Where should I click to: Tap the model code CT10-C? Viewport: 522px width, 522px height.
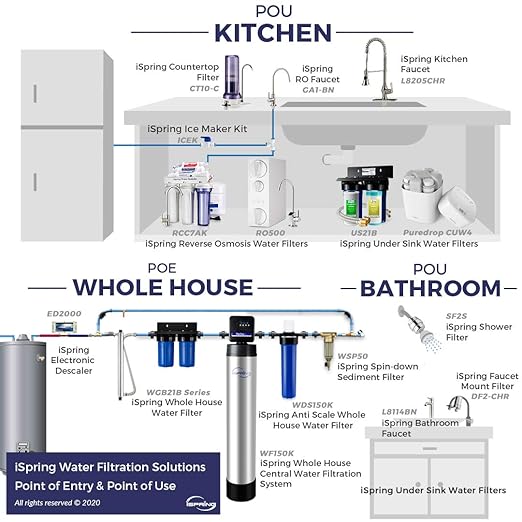[x=206, y=88]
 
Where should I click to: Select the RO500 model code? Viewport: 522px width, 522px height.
[x=271, y=232]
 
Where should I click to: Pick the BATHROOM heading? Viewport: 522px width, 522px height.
[x=429, y=288]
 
